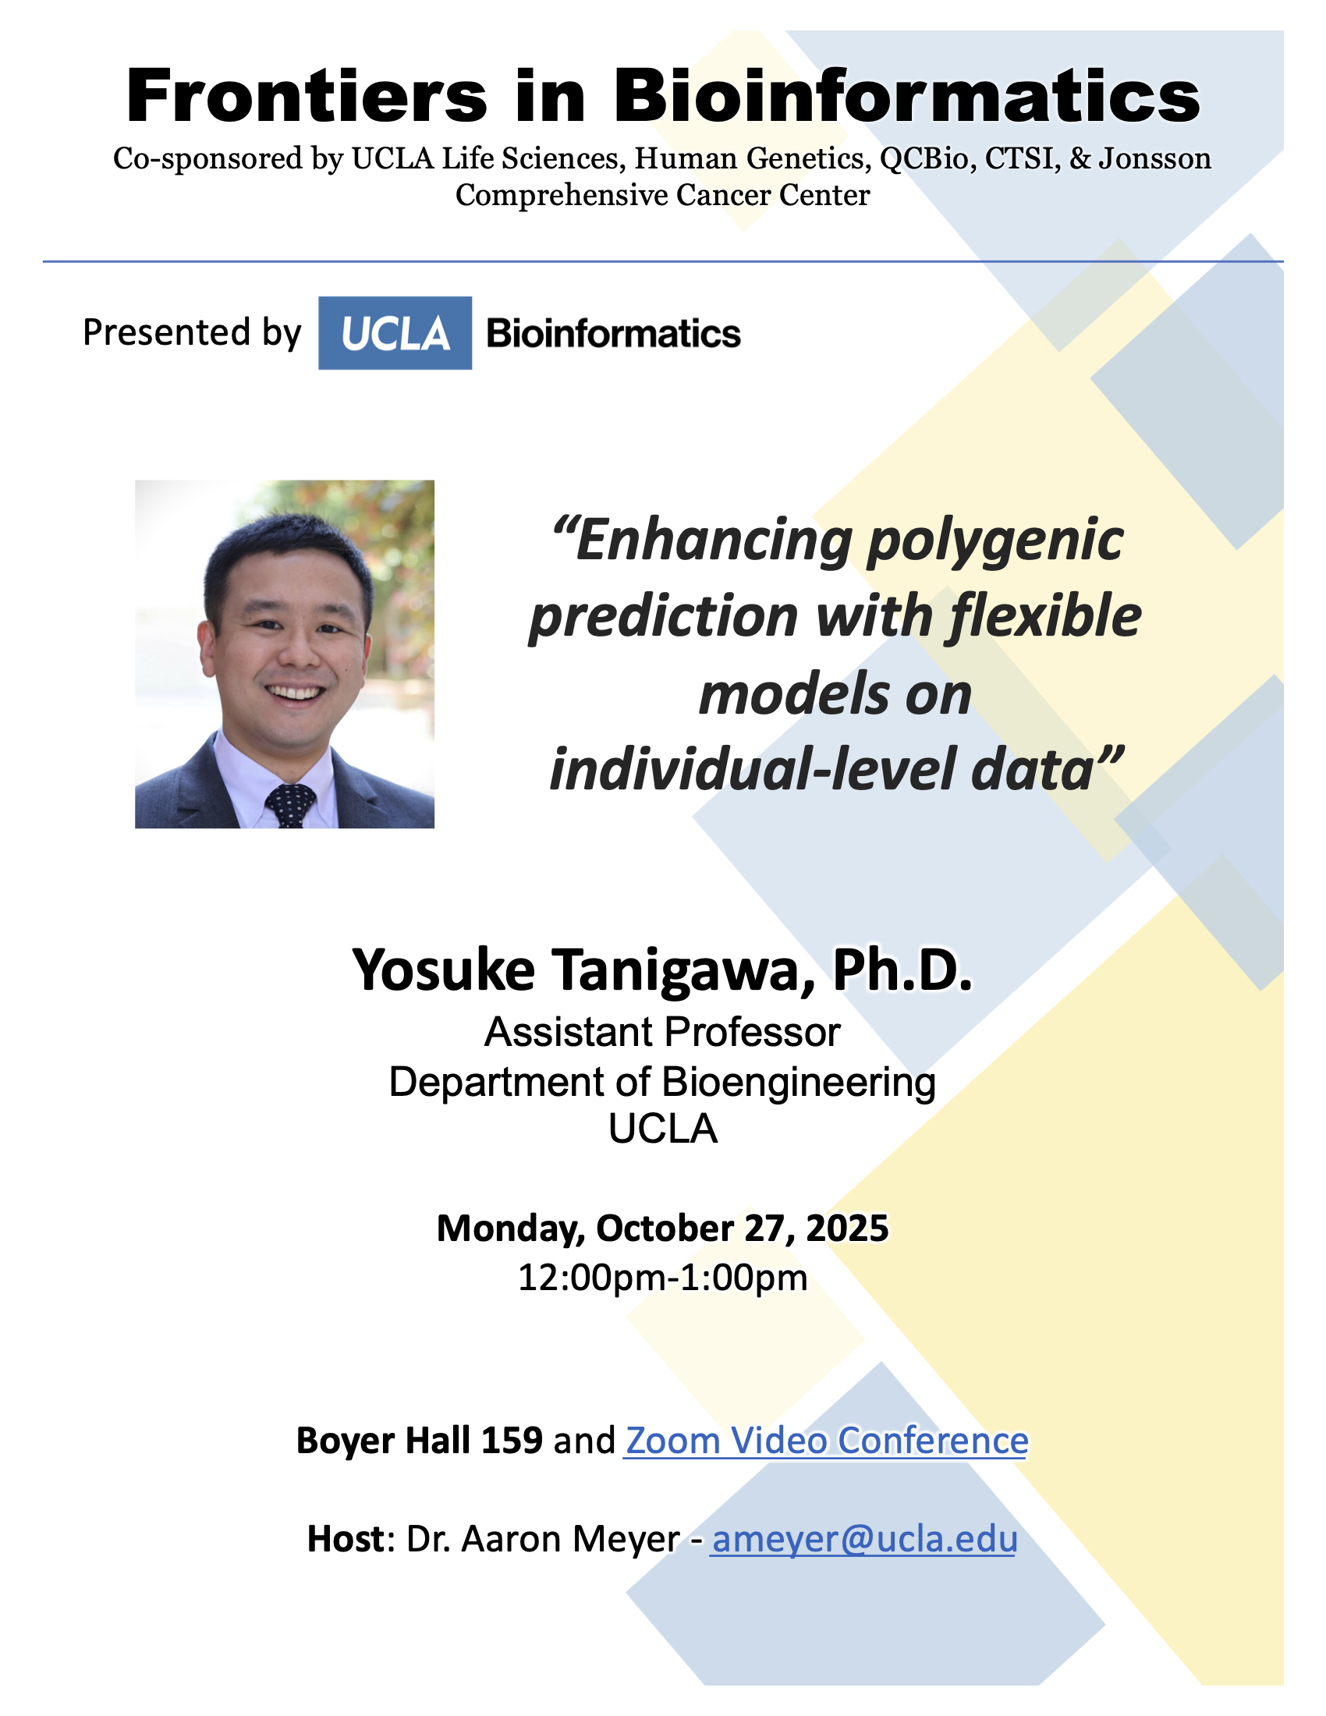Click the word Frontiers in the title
pos(307,97)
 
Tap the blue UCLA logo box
pos(395,333)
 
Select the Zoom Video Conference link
pos(825,1440)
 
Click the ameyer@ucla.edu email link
pos(864,1538)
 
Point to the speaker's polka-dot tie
pos(290,806)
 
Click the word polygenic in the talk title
pos(995,544)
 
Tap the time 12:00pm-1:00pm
pos(663,1278)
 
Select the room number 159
pos(512,1440)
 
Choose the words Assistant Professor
pos(662,1033)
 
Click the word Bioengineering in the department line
pos(799,1083)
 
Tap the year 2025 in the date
pos(847,1228)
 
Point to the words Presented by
pos(192,333)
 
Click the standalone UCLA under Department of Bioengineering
pos(663,1129)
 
